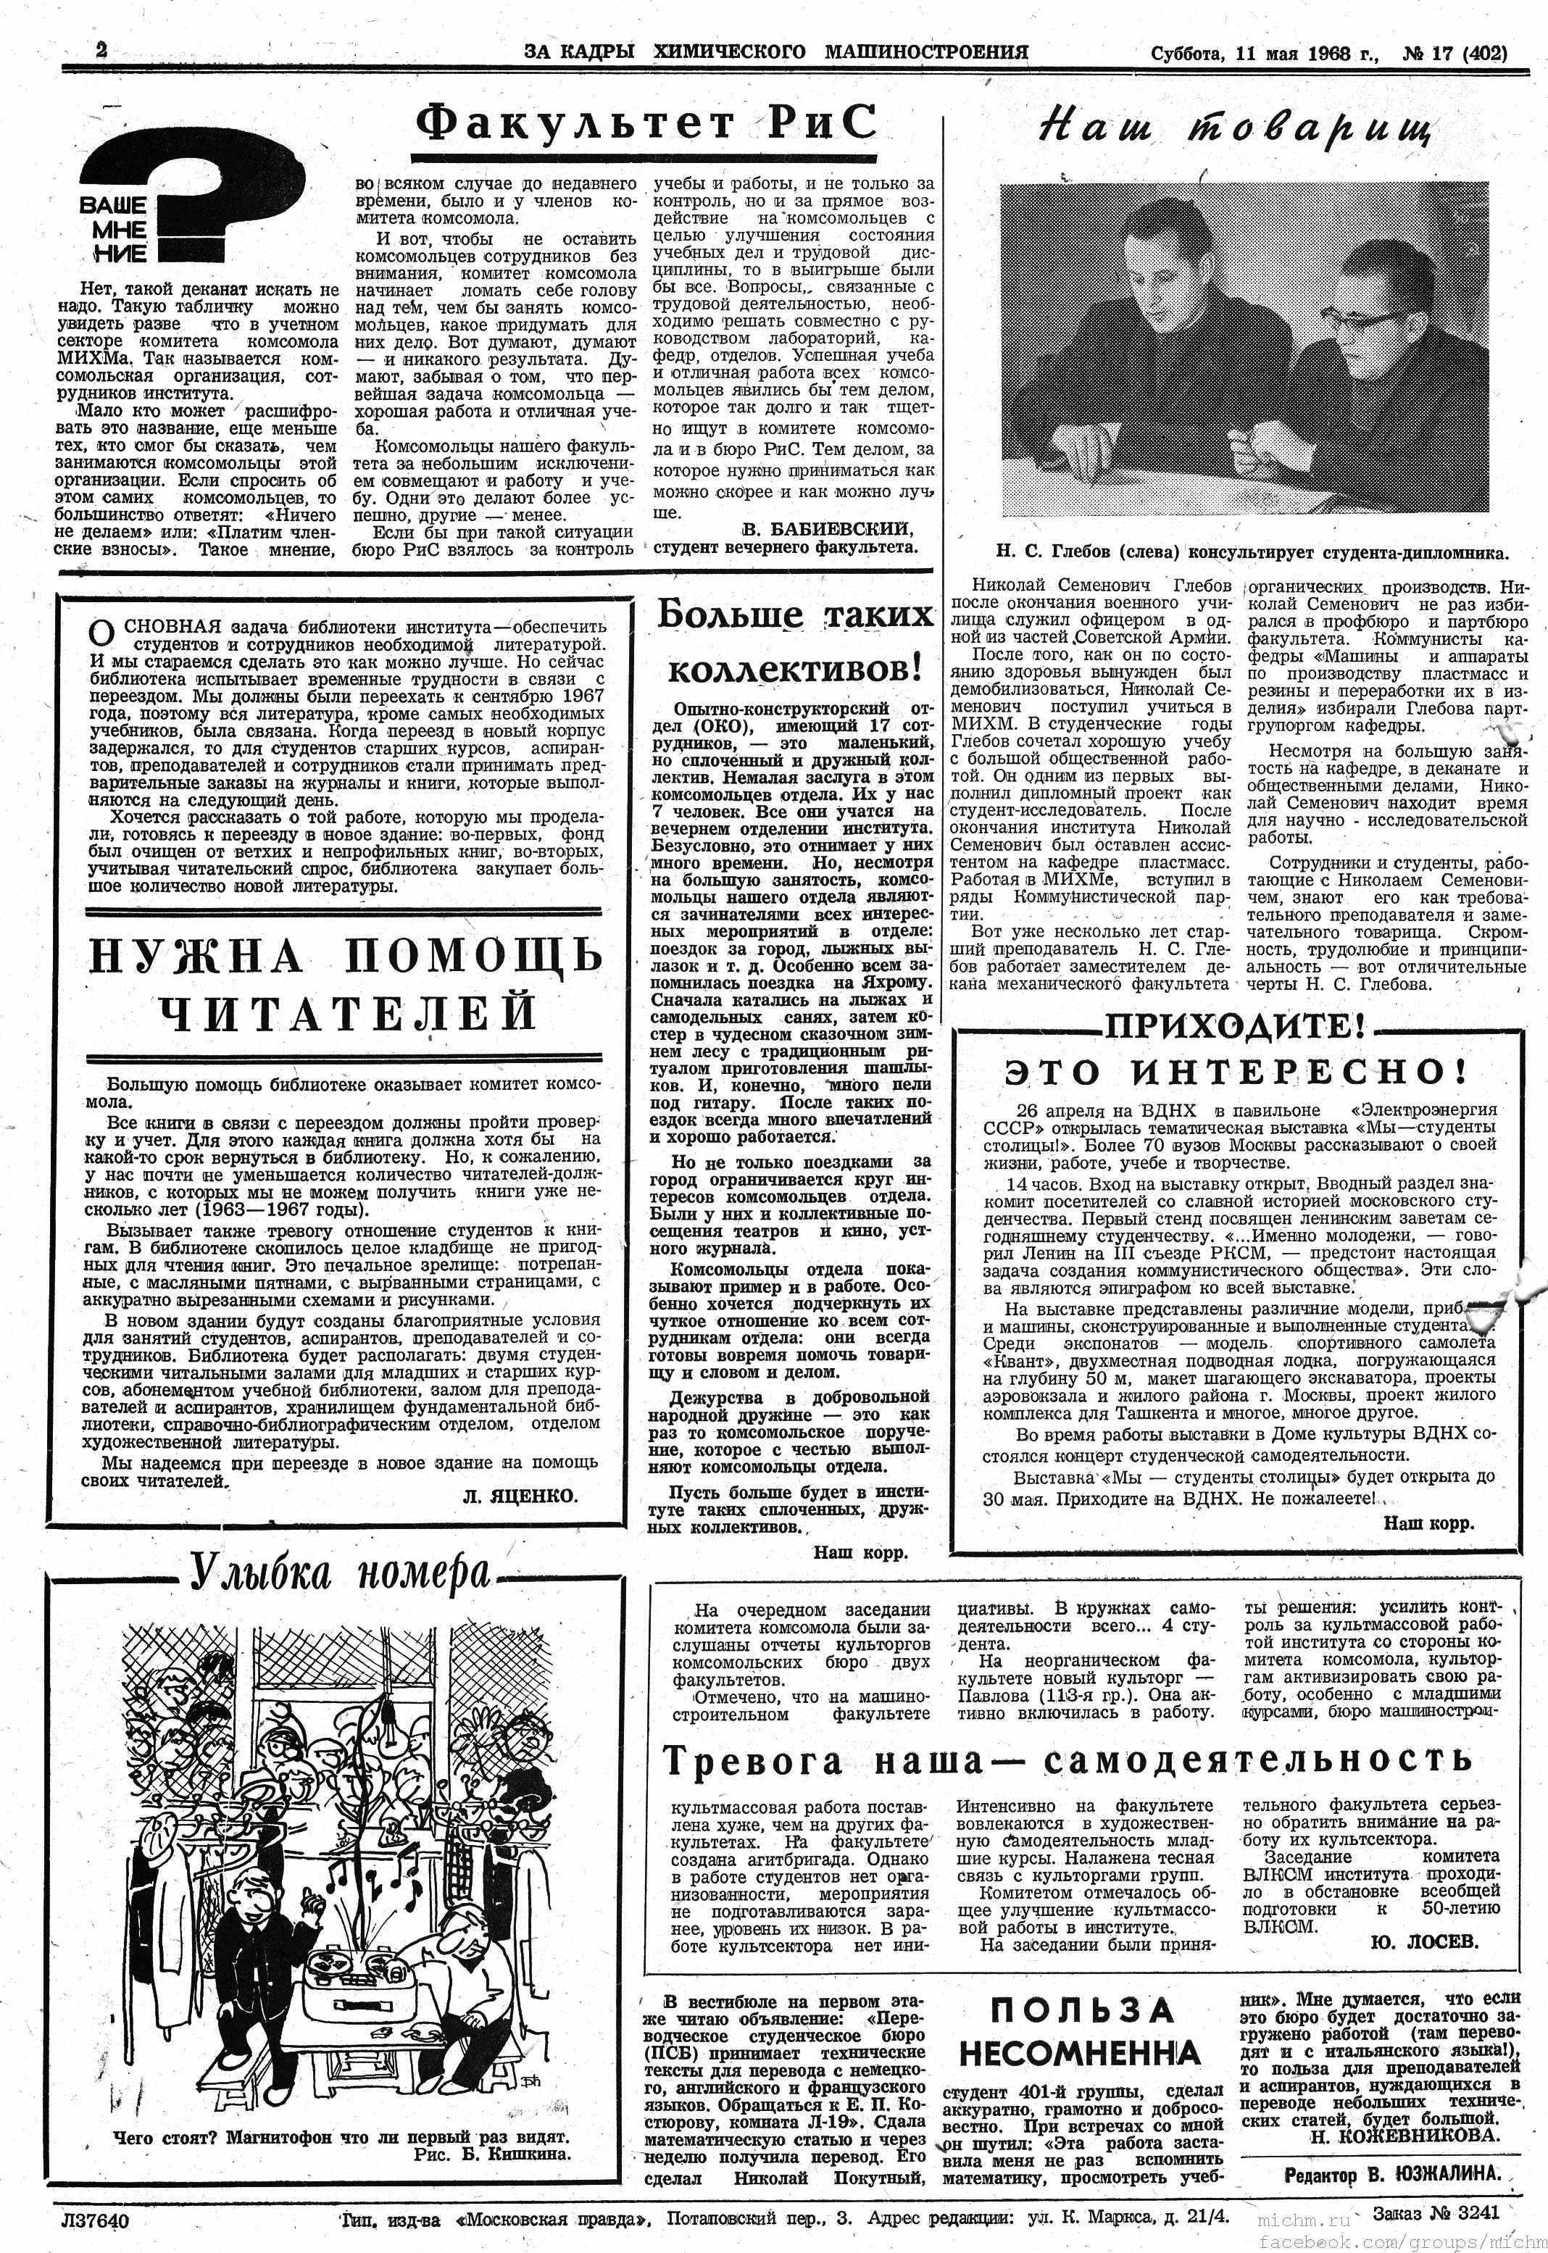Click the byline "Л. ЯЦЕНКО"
(x=520, y=1497)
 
